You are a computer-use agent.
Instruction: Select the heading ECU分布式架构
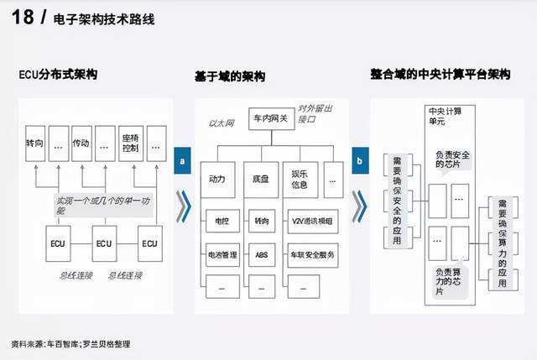(x=58, y=75)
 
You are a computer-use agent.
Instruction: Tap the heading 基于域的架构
(x=229, y=76)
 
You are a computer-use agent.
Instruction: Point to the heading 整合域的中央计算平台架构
(x=440, y=75)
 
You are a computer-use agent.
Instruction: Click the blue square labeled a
(x=182, y=161)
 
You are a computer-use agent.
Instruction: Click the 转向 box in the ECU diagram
(x=34, y=142)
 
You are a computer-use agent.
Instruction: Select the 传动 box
(x=81, y=142)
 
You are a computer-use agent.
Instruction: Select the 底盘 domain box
(x=262, y=180)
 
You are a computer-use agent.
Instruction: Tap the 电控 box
(x=222, y=222)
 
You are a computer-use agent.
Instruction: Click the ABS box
(x=262, y=253)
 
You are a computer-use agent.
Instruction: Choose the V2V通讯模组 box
(x=310, y=222)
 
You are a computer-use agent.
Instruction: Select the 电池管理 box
(x=222, y=253)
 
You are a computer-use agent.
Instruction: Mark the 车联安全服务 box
(x=310, y=253)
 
